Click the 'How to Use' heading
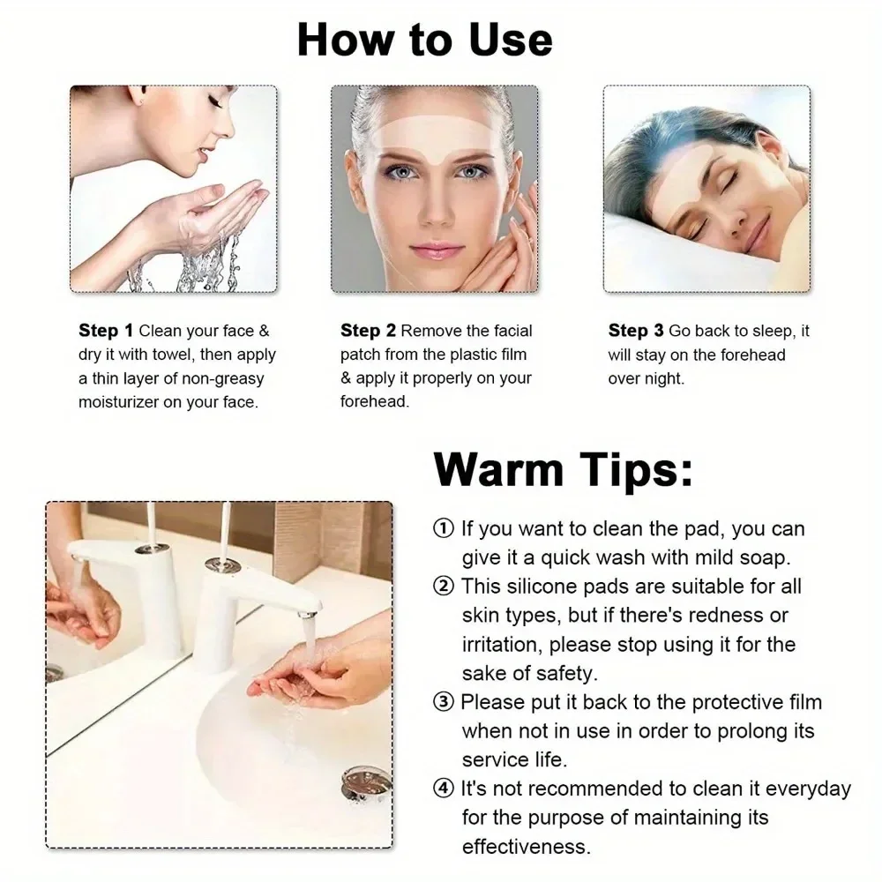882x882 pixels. [424, 40]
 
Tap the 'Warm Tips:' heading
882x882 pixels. [563, 468]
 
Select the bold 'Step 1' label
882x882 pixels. [106, 331]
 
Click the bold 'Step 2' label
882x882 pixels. [368, 331]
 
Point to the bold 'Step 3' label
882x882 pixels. [635, 331]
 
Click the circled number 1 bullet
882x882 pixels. [443, 529]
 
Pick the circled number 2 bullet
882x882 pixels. [443, 586]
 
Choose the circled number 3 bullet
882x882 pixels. [443, 702]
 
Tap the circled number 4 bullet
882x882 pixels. [443, 789]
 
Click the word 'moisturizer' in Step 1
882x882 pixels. [121, 402]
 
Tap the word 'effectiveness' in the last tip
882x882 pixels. [526, 847]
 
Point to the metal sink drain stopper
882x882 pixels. [366, 784]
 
